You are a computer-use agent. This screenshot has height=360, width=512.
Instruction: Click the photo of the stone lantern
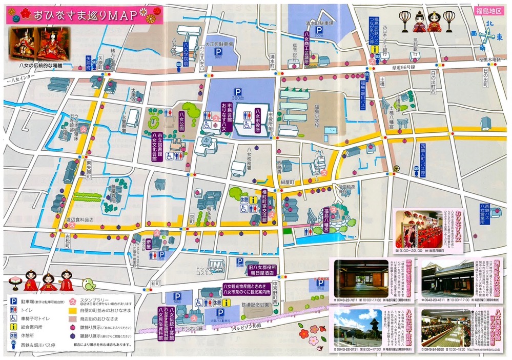pos(356,326)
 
